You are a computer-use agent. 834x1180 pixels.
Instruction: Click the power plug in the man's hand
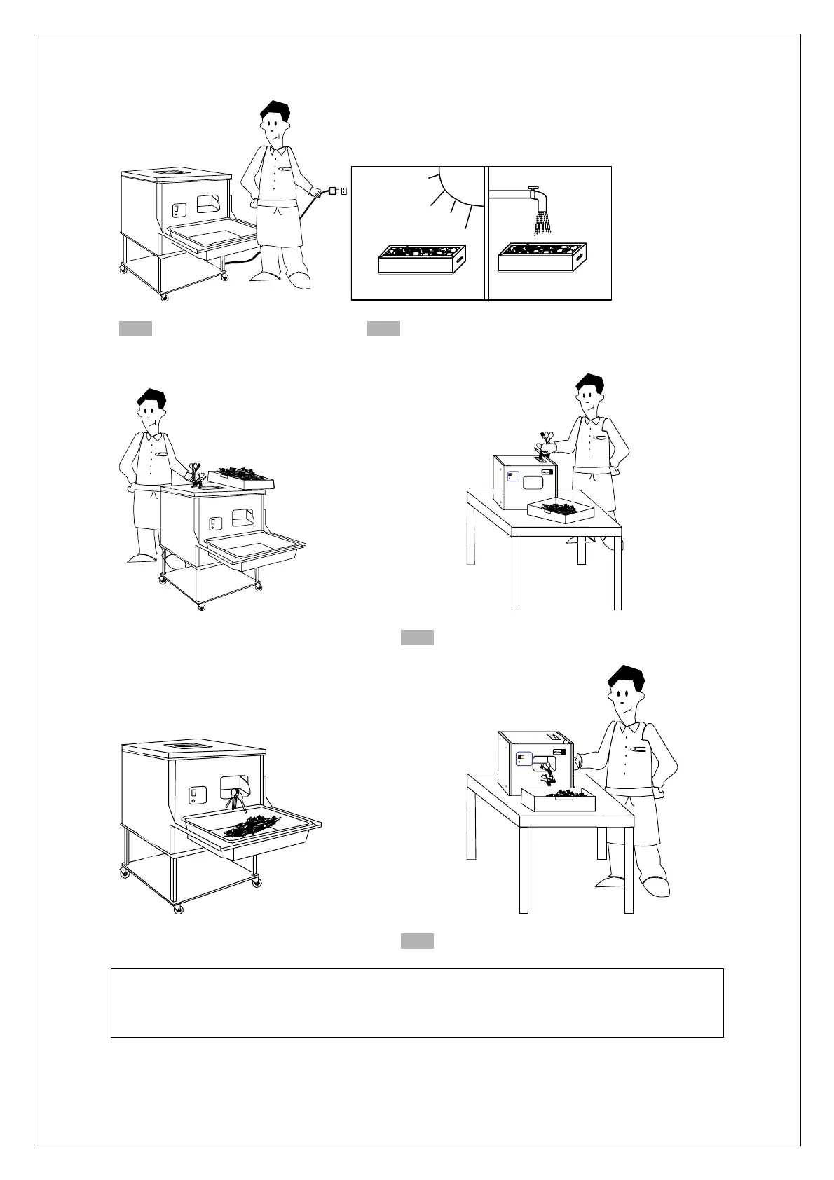click(x=333, y=191)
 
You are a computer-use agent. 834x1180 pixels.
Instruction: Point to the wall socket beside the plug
click(x=344, y=191)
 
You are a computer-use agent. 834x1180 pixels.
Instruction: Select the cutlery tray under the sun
click(x=421, y=259)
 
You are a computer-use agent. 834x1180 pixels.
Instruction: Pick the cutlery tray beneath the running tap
click(x=541, y=257)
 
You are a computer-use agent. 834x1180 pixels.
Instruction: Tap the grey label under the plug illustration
click(x=135, y=329)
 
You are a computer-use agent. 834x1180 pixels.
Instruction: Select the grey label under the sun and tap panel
click(x=383, y=329)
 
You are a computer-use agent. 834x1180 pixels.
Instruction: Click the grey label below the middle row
click(x=417, y=637)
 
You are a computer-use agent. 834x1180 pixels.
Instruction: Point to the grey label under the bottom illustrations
click(x=417, y=940)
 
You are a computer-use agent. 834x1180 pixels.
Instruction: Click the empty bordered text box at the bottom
click(x=417, y=1003)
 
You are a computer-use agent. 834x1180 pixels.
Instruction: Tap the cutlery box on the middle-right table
click(x=561, y=510)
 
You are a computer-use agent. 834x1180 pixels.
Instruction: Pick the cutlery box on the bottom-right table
click(x=559, y=798)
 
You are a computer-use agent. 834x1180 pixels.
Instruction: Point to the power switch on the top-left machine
click(x=178, y=209)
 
